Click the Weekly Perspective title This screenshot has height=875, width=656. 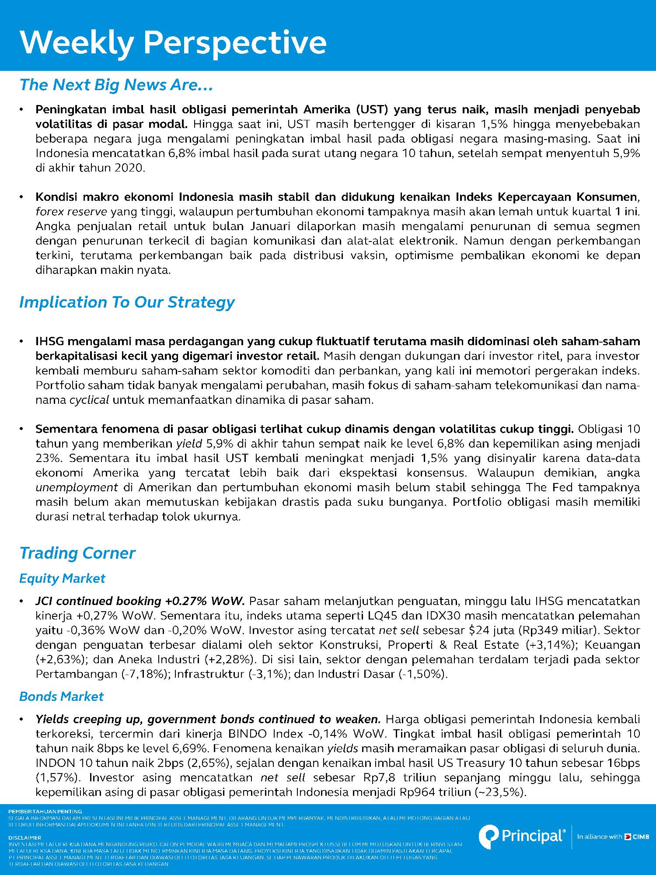tap(173, 43)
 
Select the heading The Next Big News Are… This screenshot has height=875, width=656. tap(116, 85)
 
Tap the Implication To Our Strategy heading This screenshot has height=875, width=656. tap(127, 302)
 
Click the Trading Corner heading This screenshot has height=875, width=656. tap(77, 553)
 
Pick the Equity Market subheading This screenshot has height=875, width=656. tap(62, 578)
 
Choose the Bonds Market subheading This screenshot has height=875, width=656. tap(61, 696)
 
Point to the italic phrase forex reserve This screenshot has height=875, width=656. tap(71, 212)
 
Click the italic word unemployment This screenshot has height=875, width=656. tap(77, 487)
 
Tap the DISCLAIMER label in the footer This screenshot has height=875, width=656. tap(25, 837)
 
